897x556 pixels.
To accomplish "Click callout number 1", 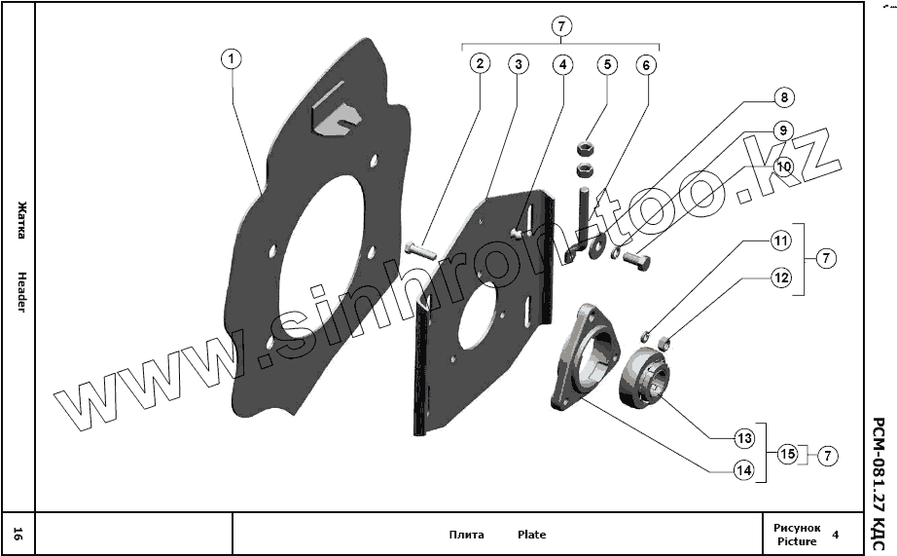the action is [231, 59].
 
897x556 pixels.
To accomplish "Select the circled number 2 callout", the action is [479, 64].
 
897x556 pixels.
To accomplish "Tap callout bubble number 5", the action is [607, 64].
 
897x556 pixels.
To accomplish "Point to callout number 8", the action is [783, 97].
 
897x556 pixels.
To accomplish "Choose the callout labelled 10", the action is [783, 166].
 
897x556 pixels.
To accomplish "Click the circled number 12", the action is [782, 278].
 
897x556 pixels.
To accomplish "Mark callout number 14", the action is [743, 470].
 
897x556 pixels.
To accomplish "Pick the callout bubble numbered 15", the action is [787, 454].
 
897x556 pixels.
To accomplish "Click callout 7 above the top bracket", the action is [561, 26].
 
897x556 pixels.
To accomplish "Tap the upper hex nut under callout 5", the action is [586, 149].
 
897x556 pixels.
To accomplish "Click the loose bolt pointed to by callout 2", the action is [420, 249].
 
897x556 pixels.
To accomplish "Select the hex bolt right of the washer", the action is [635, 258].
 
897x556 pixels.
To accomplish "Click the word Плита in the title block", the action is [466, 535].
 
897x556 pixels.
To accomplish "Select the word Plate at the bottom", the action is [531, 535].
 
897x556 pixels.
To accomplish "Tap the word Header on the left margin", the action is [20, 291].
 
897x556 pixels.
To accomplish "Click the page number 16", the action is [18, 534].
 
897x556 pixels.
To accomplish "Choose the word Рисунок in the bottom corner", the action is [797, 527].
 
